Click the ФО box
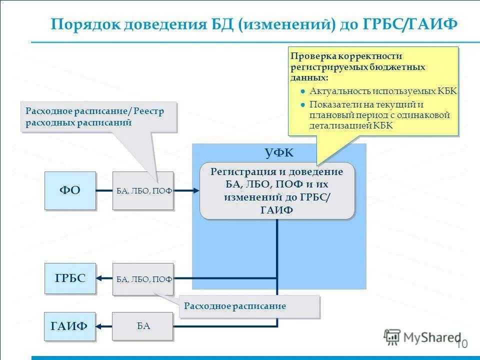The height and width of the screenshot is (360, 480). [x=70, y=190]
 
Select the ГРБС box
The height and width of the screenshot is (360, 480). [x=70, y=278]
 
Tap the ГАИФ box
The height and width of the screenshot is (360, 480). [x=69, y=326]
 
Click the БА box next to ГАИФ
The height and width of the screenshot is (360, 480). [x=143, y=326]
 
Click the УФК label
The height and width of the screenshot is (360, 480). [x=279, y=152]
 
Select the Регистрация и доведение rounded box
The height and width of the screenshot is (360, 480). [x=277, y=190]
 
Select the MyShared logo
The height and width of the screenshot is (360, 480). [x=423, y=337]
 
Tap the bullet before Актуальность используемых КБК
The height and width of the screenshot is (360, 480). [x=303, y=91]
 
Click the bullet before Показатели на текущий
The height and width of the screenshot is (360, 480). [x=303, y=104]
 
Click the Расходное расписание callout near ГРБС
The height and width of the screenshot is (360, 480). [x=249, y=306]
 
